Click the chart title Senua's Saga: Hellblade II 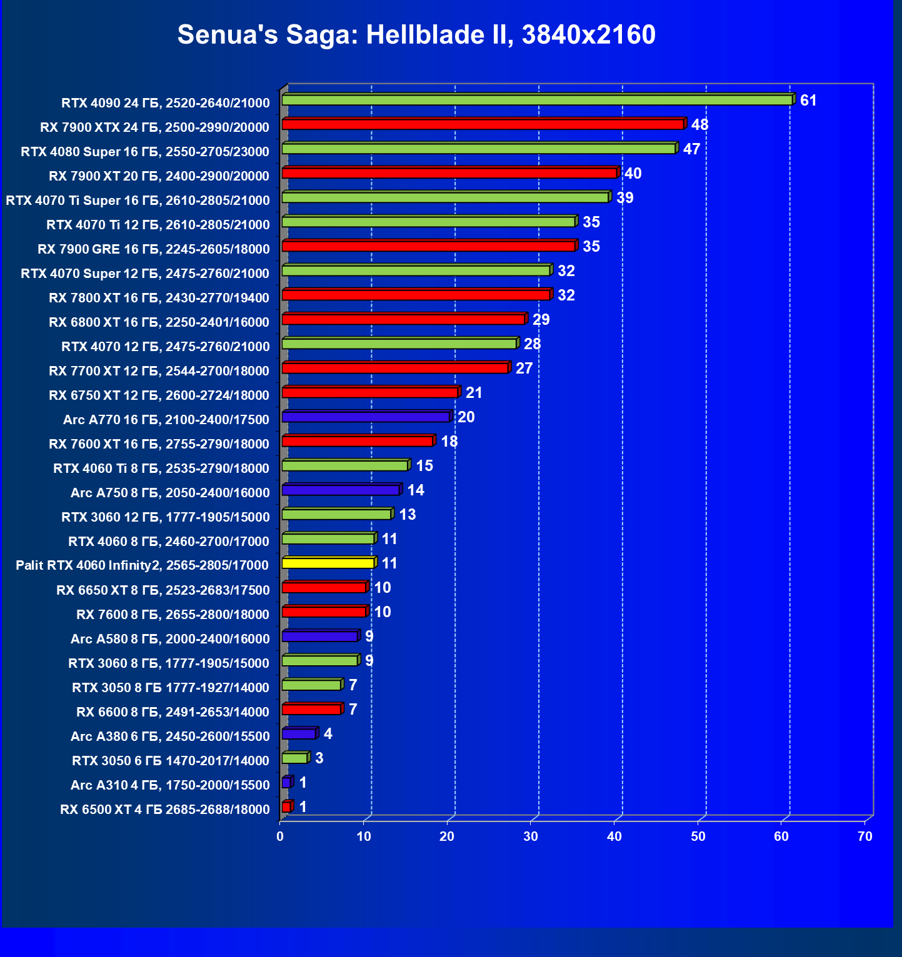[x=416, y=34]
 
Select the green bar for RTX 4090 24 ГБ [x=536, y=100]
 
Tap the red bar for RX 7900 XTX [x=483, y=124]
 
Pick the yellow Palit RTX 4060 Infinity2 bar [x=328, y=563]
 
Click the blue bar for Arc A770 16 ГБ [x=365, y=417]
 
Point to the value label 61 [x=808, y=101]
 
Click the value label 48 [x=699, y=125]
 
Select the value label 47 [x=691, y=149]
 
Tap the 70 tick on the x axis [x=865, y=836]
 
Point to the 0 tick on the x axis [x=280, y=836]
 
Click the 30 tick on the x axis [x=531, y=836]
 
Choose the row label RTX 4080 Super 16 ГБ [x=145, y=152]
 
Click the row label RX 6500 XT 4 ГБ [x=165, y=810]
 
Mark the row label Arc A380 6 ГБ [x=170, y=736]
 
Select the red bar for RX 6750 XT [x=369, y=392]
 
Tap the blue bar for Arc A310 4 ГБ [x=286, y=782]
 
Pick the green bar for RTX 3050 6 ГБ [x=294, y=758]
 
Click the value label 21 [x=474, y=393]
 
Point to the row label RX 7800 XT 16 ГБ [x=159, y=298]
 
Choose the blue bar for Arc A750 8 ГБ [x=340, y=490]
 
